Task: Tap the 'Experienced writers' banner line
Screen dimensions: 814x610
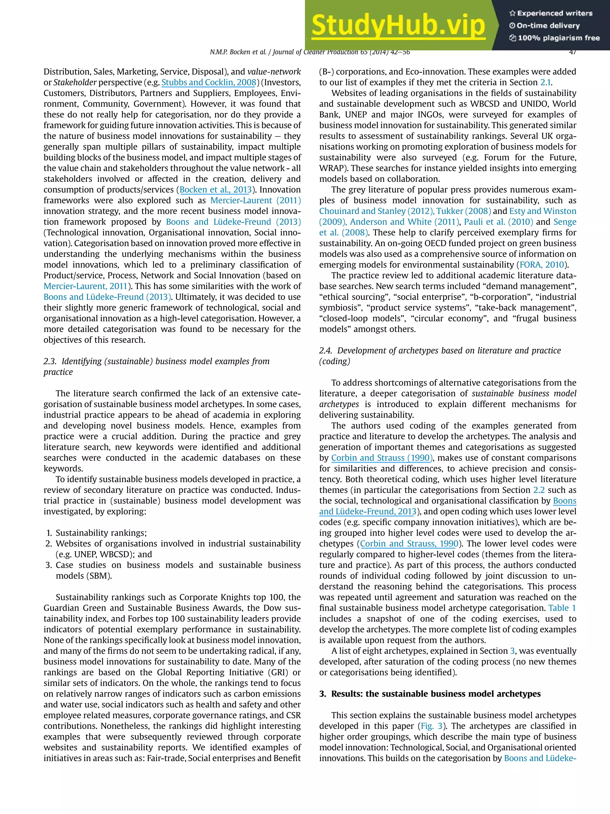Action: tap(550, 13)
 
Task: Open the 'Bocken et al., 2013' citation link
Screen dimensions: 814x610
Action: tap(215, 190)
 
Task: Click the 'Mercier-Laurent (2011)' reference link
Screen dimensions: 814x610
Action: tap(255, 201)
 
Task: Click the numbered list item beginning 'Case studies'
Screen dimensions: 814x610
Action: tap(178, 565)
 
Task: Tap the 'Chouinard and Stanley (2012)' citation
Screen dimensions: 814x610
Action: tap(376, 211)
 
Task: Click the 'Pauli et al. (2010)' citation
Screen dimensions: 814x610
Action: tap(498, 222)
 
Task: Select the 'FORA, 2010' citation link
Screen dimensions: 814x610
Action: tap(541, 265)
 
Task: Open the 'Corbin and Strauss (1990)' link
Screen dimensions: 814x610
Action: tap(381, 458)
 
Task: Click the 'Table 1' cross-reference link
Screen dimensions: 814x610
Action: tap(562, 608)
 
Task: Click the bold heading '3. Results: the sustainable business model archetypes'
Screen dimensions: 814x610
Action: tap(430, 694)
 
